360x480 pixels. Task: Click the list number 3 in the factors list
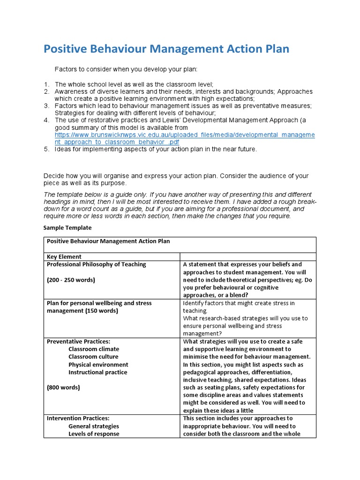point(46,106)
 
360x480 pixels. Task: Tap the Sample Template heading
point(67,228)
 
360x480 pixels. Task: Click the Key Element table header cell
point(64,256)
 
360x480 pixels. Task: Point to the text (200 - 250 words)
point(71,280)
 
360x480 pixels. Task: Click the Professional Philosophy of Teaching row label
point(96,264)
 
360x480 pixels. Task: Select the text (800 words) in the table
point(63,387)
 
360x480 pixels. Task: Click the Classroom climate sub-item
point(94,349)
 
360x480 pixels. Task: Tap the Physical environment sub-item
point(98,364)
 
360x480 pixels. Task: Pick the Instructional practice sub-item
point(97,372)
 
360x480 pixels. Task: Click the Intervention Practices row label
point(78,418)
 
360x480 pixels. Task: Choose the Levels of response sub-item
point(94,434)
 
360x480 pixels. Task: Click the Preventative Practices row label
point(78,341)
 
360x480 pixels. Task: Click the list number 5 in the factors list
point(46,149)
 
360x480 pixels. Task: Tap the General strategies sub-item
point(94,426)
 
